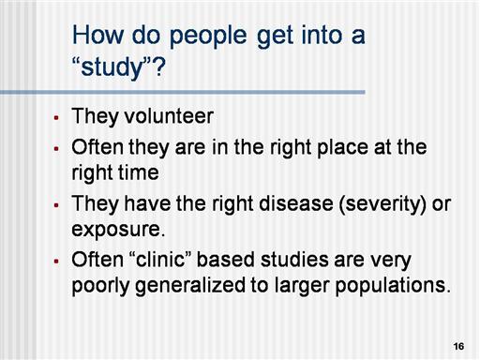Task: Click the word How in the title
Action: (x=97, y=35)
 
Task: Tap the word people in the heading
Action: (x=208, y=37)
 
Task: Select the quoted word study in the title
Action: (x=112, y=68)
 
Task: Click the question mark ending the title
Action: (x=158, y=67)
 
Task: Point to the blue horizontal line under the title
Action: (x=183, y=92)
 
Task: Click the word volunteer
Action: (x=169, y=116)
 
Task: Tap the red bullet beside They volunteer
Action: (x=56, y=118)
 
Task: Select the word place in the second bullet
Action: (x=342, y=148)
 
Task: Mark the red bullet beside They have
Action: (x=56, y=205)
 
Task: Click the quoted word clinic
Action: (x=160, y=260)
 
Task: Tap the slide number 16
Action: (x=458, y=346)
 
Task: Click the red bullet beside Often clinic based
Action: (x=56, y=261)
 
